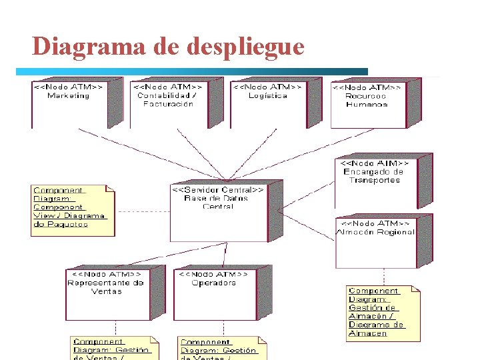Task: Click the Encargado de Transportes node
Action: point(375,183)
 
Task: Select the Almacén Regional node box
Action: point(375,241)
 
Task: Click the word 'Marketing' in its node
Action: point(68,95)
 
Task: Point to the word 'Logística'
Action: point(267,95)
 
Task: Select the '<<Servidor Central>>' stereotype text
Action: point(218,189)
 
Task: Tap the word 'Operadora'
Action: point(214,283)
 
